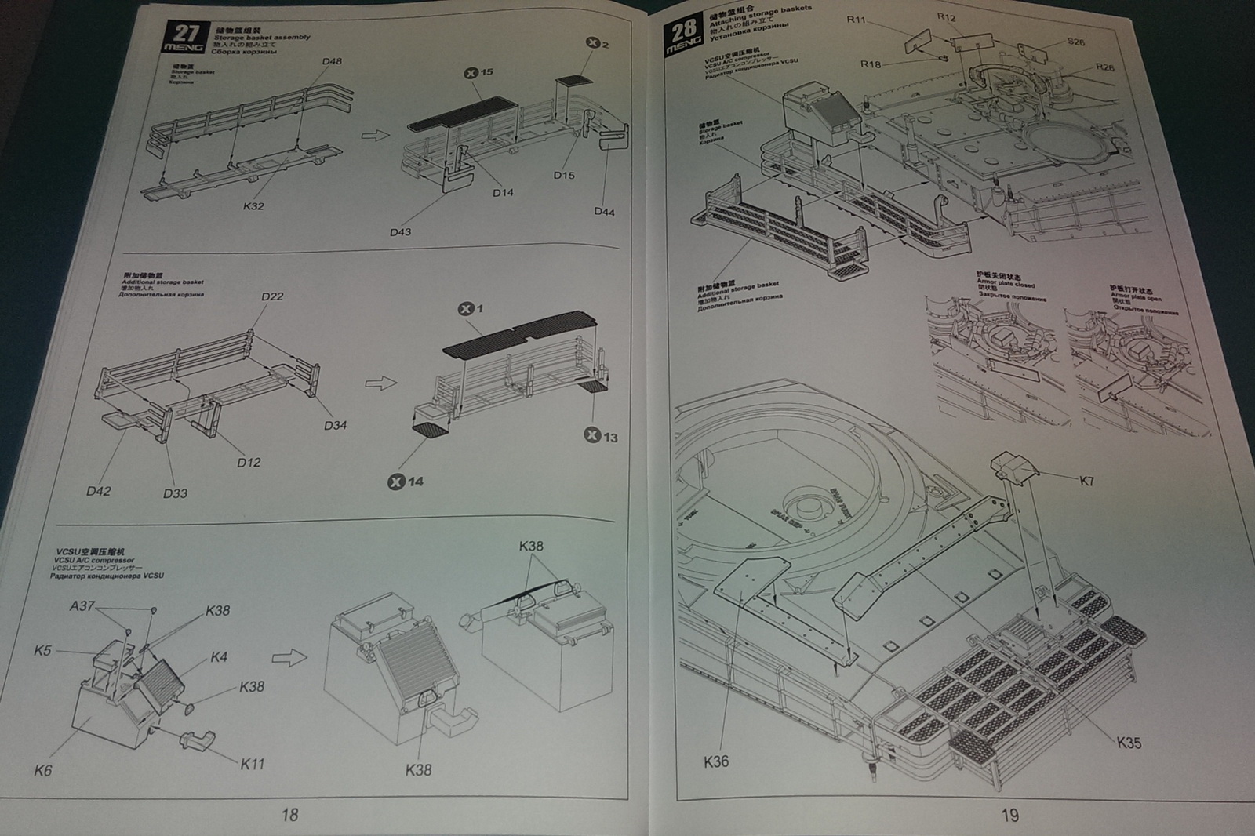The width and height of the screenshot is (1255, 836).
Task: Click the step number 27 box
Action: coord(186,38)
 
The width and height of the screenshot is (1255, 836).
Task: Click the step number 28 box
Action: coord(682,36)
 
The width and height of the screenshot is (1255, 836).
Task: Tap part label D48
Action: coord(332,61)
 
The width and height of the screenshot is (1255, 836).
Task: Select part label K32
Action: coord(253,206)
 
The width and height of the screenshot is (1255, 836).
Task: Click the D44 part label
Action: coord(604,212)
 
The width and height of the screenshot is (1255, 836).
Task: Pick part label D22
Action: coord(272,296)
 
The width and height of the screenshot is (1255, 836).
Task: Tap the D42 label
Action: coord(98,492)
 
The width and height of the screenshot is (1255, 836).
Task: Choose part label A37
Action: coord(82,606)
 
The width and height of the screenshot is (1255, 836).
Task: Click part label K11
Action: coord(252,764)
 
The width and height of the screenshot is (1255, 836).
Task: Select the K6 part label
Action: coord(42,771)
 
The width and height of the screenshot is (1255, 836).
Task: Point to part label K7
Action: coord(1086,482)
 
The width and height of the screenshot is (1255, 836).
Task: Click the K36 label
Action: coord(716,761)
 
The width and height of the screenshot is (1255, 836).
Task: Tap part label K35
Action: coord(1129,743)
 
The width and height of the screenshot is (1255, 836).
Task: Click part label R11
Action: coord(856,20)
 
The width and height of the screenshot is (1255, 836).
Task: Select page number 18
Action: coord(289,816)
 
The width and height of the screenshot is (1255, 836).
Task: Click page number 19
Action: coord(1009,816)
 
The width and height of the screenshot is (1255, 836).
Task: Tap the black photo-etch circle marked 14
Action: coord(396,481)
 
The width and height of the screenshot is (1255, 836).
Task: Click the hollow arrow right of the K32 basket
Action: coord(375,135)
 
